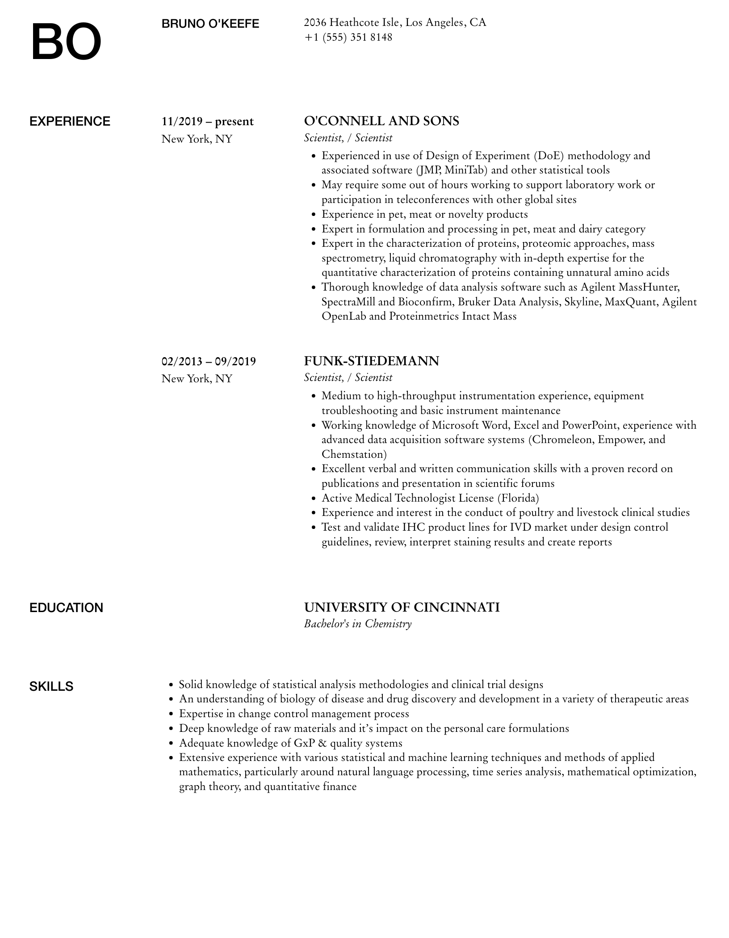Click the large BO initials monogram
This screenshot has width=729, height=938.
[66, 42]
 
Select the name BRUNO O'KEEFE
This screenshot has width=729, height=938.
[210, 24]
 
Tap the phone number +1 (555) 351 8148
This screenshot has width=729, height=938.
[348, 38]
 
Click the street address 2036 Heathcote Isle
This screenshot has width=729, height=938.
[352, 22]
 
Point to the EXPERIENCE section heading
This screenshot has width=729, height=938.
[70, 122]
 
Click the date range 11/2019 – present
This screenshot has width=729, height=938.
[207, 122]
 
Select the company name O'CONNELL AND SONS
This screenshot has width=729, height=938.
[381, 121]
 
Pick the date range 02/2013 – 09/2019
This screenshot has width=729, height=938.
[209, 361]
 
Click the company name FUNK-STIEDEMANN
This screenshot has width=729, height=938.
[371, 361]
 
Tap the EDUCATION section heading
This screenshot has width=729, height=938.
[66, 608]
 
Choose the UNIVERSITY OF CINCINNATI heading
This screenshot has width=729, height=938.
[402, 607]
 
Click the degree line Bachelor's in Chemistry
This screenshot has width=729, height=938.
[357, 624]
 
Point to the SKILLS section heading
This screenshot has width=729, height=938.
[51, 687]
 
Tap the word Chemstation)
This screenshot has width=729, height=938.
[354, 454]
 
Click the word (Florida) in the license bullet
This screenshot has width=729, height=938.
[518, 498]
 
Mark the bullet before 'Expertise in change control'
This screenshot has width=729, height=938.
[171, 714]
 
